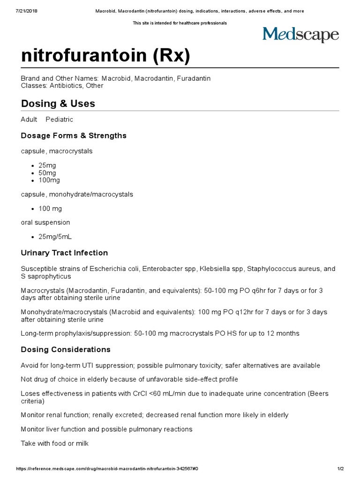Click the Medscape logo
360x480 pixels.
(300, 35)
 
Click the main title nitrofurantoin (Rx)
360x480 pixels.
(105, 56)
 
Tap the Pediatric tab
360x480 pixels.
(59, 120)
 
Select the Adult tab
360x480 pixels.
(29, 120)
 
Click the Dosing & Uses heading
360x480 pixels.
(58, 104)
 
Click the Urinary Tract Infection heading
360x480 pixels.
(64, 253)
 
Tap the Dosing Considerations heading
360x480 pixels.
(66, 349)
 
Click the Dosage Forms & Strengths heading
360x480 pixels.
(74, 135)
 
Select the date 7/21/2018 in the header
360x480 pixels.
(27, 11)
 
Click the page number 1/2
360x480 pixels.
(341, 469)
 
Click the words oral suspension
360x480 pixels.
(45, 222)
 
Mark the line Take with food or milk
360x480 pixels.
(54, 443)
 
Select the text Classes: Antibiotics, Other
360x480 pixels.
(62, 86)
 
